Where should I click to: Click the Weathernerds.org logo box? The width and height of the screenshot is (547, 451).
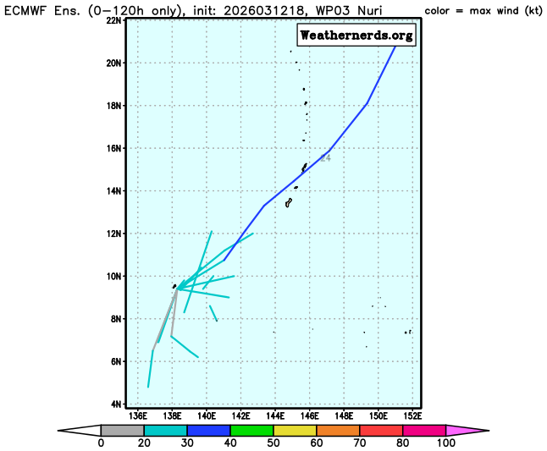click(356, 35)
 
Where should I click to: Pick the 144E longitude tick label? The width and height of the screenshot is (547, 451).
click(275, 415)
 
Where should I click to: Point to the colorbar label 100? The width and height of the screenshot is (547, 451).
click(446, 443)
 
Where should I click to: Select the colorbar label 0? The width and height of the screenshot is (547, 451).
click(101, 443)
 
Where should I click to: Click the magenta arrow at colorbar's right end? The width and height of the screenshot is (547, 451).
click(467, 430)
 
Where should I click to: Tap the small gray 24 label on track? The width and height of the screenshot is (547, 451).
click(325, 158)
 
